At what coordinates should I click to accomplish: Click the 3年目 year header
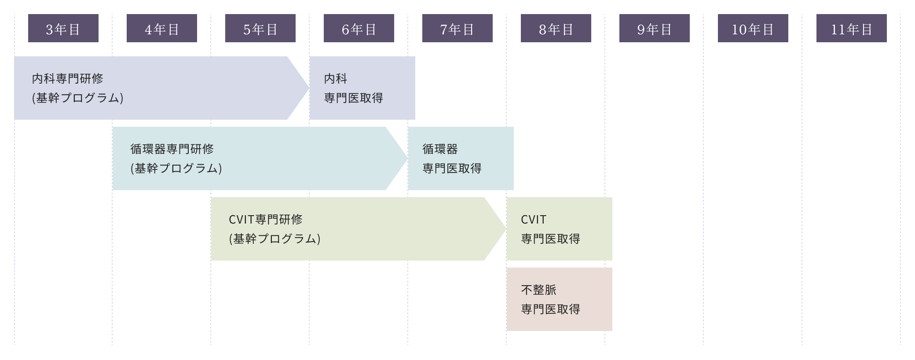click(x=63, y=29)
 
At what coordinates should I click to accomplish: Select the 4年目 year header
click(x=162, y=29)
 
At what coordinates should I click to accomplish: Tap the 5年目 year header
click(x=260, y=29)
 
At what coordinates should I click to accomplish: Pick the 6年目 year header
click(x=359, y=29)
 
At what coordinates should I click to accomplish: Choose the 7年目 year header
click(x=457, y=29)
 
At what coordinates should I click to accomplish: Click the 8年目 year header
click(x=556, y=29)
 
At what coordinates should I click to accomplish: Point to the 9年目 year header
click(x=655, y=29)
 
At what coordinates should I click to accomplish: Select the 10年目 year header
click(x=753, y=29)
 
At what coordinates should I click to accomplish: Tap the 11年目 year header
click(x=852, y=29)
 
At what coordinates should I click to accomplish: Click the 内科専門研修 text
click(x=68, y=79)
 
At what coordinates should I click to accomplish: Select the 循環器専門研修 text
click(x=172, y=149)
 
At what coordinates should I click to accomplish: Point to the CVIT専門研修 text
click(x=266, y=220)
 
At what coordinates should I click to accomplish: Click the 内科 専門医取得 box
click(x=362, y=88)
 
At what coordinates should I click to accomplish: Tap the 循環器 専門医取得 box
click(x=461, y=158)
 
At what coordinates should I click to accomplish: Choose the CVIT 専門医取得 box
click(x=559, y=229)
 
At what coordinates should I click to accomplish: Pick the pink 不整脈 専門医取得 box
click(x=559, y=299)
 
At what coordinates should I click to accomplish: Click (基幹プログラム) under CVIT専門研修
click(x=275, y=239)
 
